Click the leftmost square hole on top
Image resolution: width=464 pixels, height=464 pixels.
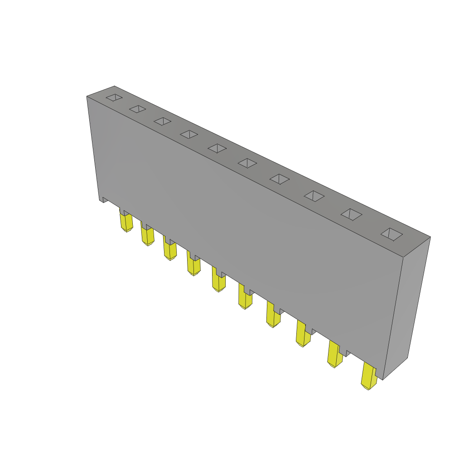pos(114,97)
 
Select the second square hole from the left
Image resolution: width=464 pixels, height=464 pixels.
pos(138,109)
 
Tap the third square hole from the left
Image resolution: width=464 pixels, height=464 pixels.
pos(162,121)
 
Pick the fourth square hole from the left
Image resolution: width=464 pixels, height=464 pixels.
pos(189,134)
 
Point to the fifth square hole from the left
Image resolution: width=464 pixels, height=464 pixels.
pos(217,148)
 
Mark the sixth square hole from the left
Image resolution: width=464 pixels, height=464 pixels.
pos(247,163)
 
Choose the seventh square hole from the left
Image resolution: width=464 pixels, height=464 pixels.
pos(280,179)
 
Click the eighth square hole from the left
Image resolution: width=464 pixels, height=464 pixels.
pos(314,196)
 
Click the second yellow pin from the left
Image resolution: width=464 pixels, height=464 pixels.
pos(147,236)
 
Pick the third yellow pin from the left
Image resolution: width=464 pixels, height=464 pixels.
pos(170,250)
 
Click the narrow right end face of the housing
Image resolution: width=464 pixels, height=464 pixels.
pos(406,308)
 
